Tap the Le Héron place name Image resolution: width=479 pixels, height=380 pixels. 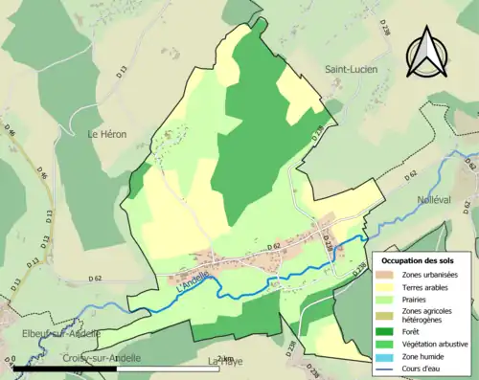coord(107,135)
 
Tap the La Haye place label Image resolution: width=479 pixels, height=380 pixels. coord(226,362)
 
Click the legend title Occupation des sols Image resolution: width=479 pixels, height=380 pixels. coord(420,260)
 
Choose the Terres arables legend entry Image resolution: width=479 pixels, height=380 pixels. coord(427,287)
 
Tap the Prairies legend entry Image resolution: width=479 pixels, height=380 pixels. coord(417,299)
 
